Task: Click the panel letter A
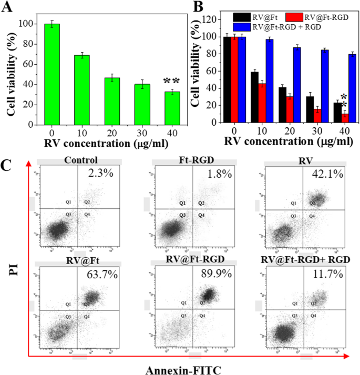9,7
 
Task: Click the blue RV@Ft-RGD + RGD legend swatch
243,26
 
